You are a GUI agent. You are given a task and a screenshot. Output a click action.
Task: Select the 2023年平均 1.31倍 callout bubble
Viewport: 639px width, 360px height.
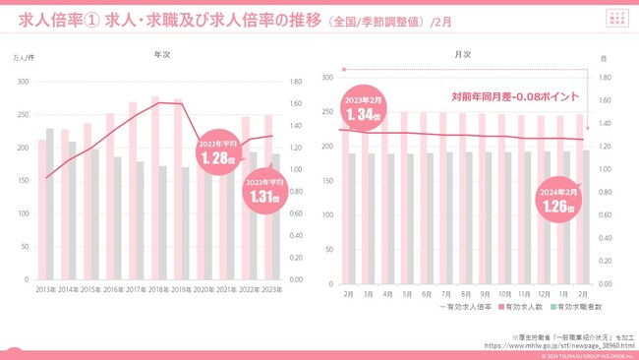coord(264,191)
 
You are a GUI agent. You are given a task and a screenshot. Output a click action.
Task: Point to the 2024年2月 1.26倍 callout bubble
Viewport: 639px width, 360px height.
coord(558,202)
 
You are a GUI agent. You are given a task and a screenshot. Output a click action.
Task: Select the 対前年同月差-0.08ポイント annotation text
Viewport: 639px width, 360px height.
coord(514,97)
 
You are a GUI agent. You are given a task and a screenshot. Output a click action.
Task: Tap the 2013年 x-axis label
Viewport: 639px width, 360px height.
coord(45,289)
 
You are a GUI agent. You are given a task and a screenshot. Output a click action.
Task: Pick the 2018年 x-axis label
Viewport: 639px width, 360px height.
coord(159,289)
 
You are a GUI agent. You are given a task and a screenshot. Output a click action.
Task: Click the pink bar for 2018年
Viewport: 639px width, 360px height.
coord(155,187)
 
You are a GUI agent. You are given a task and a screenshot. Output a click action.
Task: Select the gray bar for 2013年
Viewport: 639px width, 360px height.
coord(50,203)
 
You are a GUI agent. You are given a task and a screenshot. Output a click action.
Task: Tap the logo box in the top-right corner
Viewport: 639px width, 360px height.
coord(614,19)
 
